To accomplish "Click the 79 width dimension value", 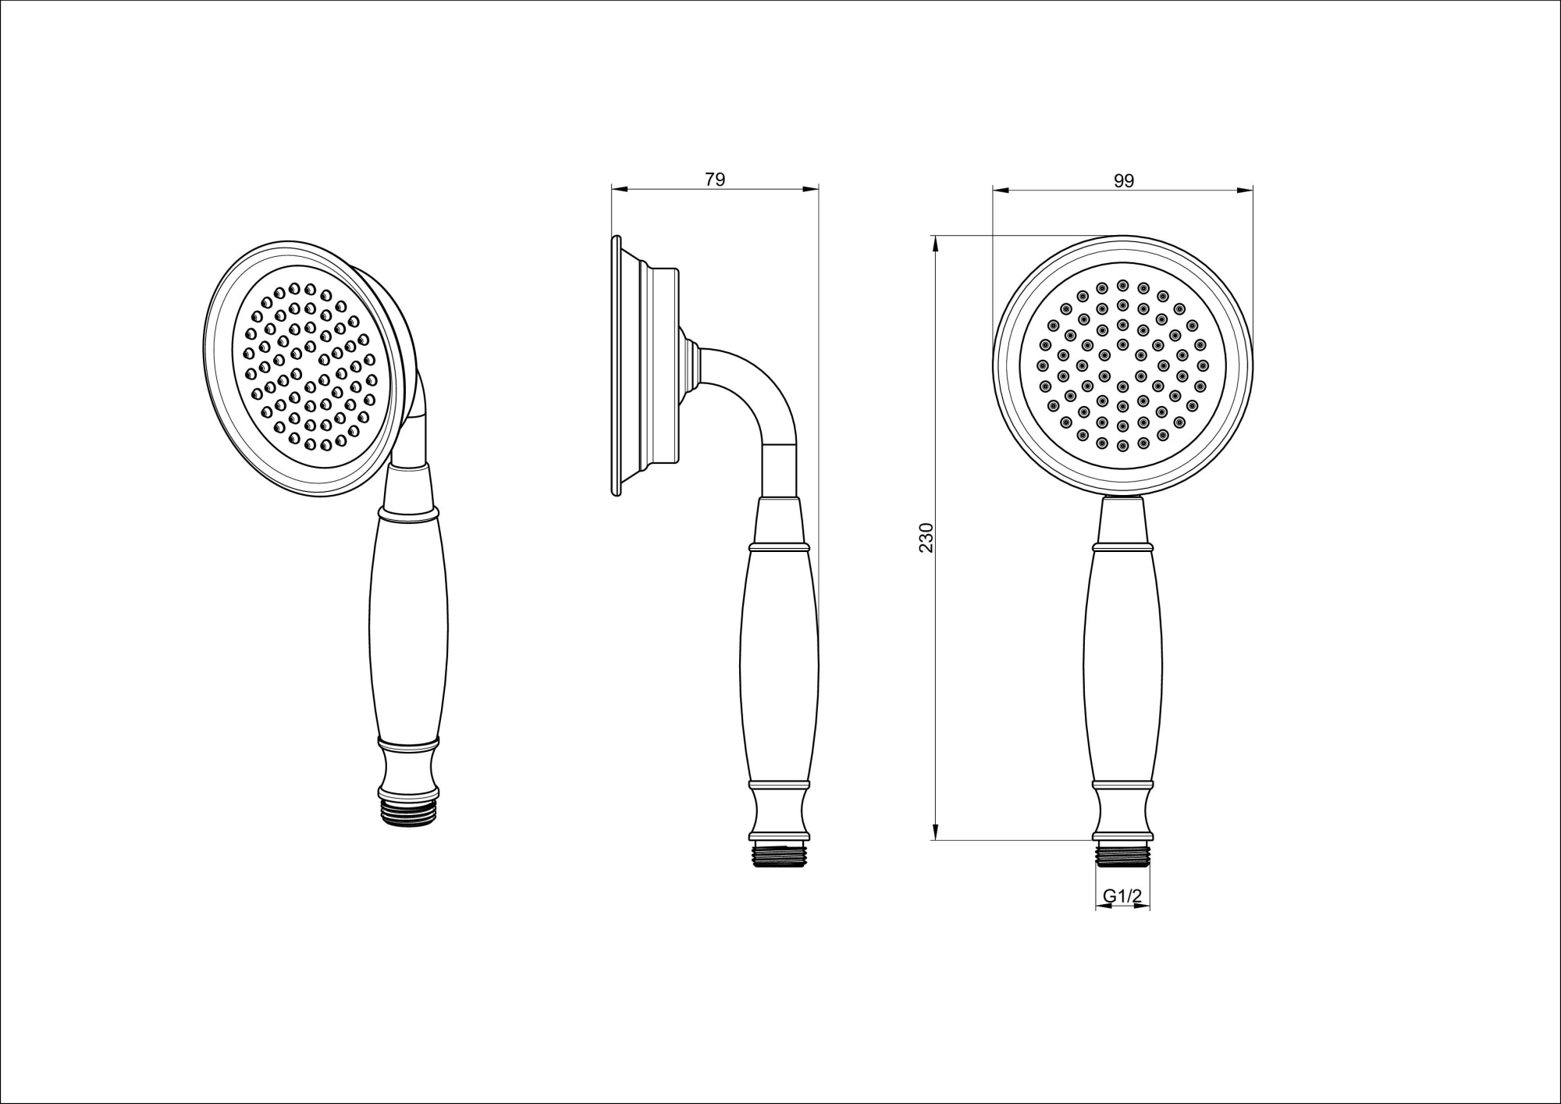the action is pyautogui.click(x=715, y=179).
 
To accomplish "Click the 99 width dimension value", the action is pyautogui.click(x=1123, y=180).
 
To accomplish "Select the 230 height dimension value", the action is pyautogui.click(x=926, y=537).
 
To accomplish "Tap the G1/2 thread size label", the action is pyautogui.click(x=1122, y=897).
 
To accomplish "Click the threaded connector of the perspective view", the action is pyautogui.click(x=410, y=812).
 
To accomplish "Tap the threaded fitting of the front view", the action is pyautogui.click(x=1122, y=854).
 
